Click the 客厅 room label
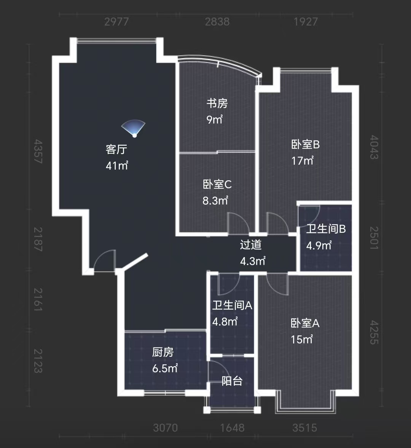coord(116,149)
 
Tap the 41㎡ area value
coord(117,165)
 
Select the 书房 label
coord(217,103)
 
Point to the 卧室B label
coord(305,145)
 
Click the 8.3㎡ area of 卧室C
coord(215,200)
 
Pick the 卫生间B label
coord(326,229)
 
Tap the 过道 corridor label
coord(251,245)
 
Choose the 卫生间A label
coord(232,305)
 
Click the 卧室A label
coord(305,323)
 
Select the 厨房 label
coord(163,352)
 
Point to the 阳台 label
coord(232,381)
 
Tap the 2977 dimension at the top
coord(116,22)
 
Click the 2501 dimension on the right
coord(374,238)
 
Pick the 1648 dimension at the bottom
coord(232,428)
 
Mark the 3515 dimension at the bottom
coord(304,428)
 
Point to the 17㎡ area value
coord(303,161)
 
